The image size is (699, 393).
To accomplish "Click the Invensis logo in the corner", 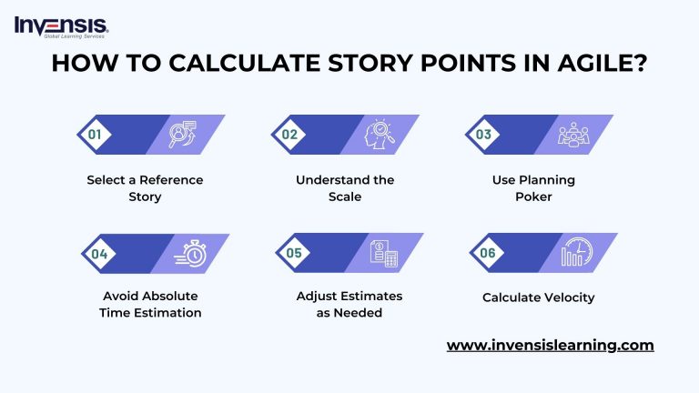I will [62, 26].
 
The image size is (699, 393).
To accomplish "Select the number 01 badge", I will [94, 134].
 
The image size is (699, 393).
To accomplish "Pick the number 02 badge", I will [290, 134].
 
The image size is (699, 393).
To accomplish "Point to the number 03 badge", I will [484, 134].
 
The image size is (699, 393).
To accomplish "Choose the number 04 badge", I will [97, 253].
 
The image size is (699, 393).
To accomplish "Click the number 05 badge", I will [294, 253].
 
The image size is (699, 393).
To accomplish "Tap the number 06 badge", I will [488, 253].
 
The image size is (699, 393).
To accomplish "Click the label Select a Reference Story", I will [145, 188].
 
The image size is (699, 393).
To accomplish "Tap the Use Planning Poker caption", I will [532, 188].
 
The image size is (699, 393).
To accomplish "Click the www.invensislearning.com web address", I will [550, 346].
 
